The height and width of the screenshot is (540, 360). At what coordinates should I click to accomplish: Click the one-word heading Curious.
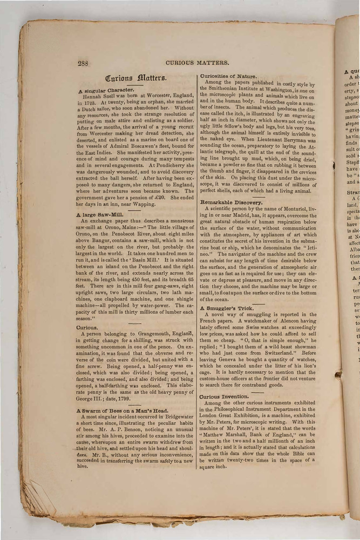[x=87, y=327]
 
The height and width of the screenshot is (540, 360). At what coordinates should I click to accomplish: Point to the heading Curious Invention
[x=227, y=396]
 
